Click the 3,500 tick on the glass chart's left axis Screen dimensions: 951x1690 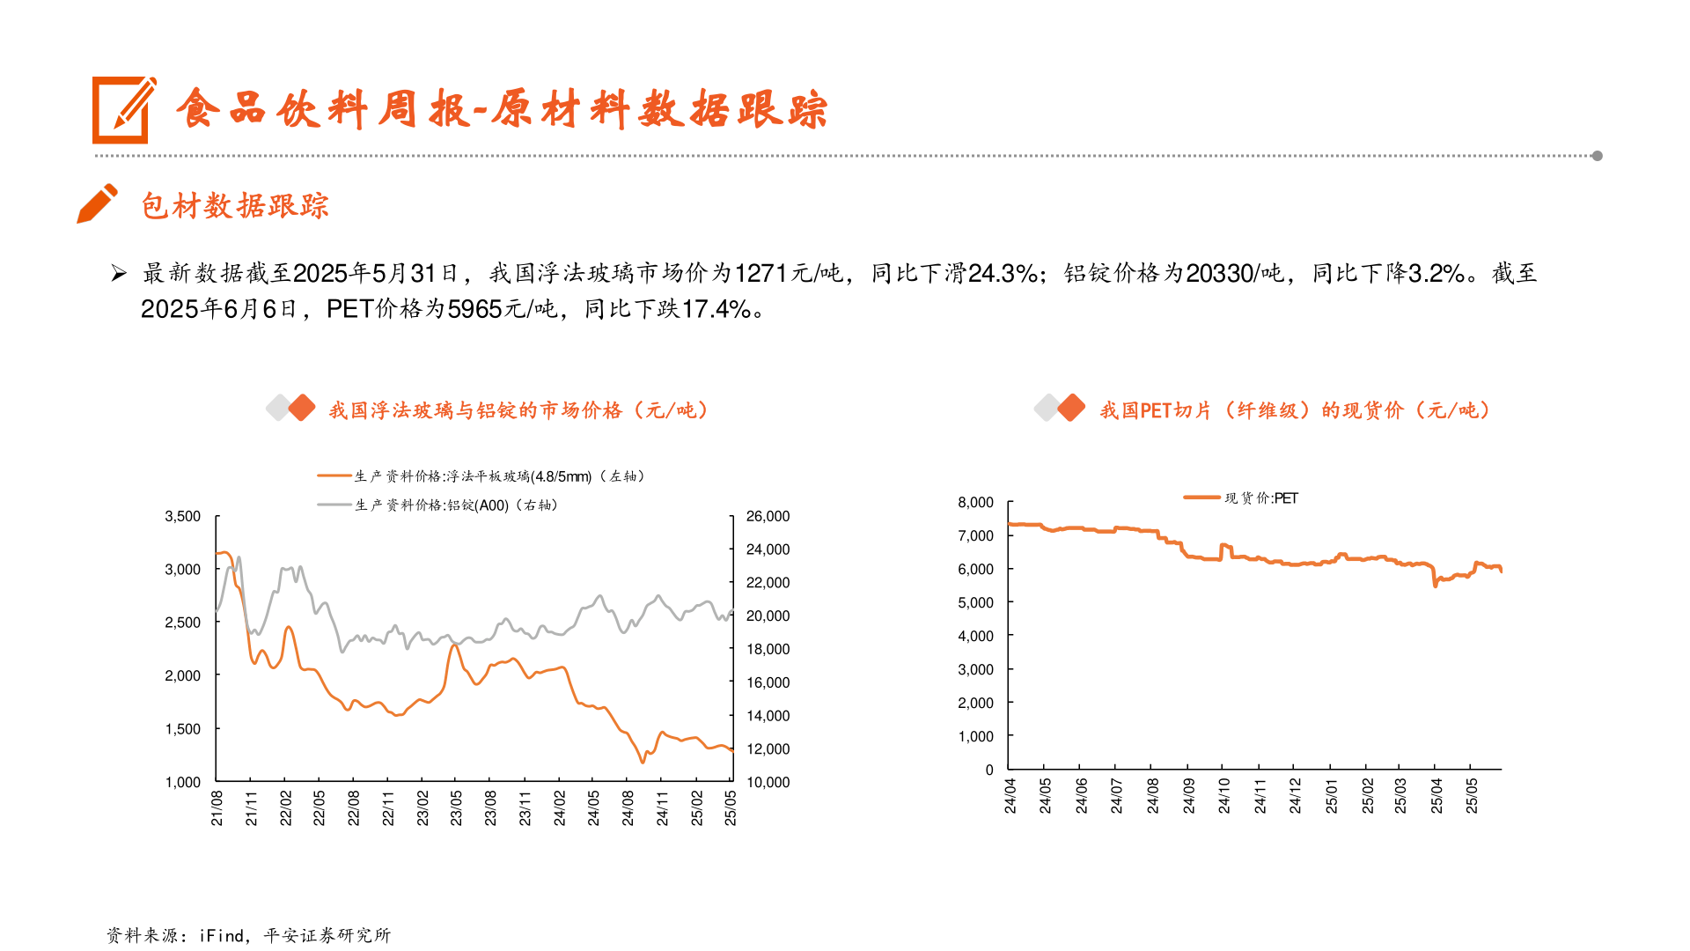tap(182, 516)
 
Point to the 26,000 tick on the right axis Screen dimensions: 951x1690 tap(768, 516)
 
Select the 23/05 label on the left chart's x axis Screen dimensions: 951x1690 tap(456, 807)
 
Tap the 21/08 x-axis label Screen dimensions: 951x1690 tap(217, 807)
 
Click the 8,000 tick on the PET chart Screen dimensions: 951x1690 tap(975, 502)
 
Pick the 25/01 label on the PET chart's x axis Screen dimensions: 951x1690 tap(1331, 796)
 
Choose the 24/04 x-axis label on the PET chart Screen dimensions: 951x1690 tap(1010, 796)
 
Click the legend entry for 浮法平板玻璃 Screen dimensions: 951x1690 tap(482, 476)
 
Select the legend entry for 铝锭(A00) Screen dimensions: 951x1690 tap(438, 505)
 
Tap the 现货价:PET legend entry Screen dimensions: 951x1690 tap(1241, 498)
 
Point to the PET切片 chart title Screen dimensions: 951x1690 tap(1294, 410)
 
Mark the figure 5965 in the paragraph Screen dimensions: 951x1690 tap(474, 309)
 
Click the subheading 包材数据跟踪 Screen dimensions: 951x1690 tap(234, 206)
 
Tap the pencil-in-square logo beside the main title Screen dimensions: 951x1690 tap(123, 110)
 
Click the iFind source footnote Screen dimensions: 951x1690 tap(248, 935)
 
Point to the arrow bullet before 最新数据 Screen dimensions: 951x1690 tap(119, 274)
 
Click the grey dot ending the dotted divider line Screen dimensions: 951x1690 tap(1597, 156)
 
